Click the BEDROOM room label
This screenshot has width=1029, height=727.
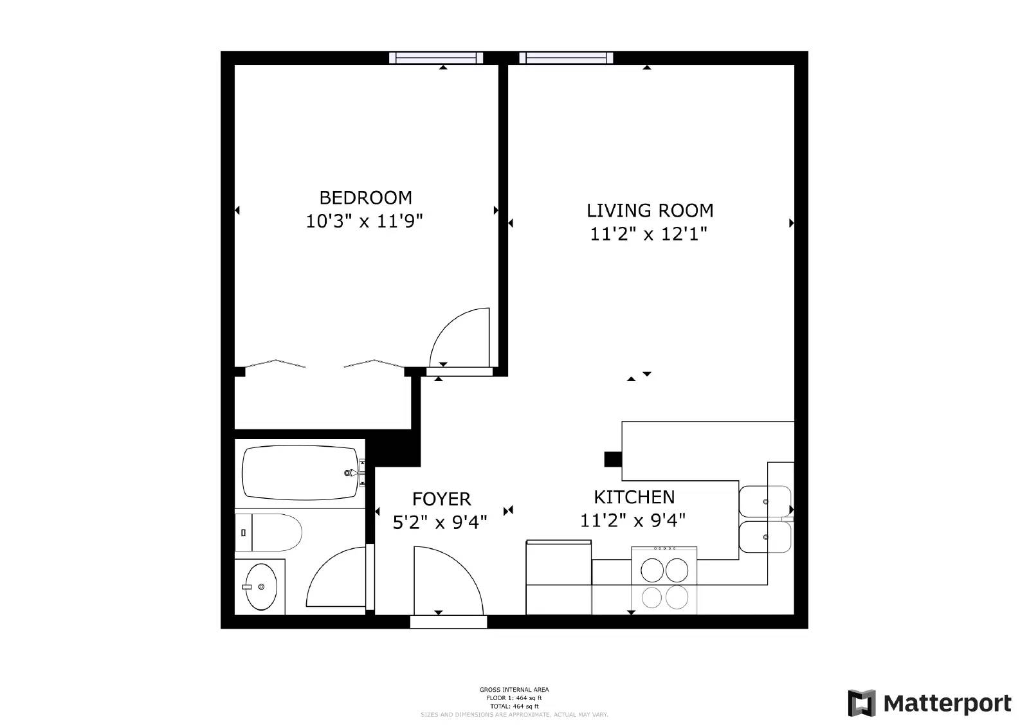click(365, 197)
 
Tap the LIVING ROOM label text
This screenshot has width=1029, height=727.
click(650, 210)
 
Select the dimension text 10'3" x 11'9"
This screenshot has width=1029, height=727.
click(364, 222)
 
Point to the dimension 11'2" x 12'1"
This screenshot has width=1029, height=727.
click(648, 235)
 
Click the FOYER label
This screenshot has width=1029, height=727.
click(441, 499)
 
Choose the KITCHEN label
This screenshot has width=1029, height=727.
click(633, 497)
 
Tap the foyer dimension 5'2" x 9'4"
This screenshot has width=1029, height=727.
click(440, 522)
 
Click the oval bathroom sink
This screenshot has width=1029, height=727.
click(260, 587)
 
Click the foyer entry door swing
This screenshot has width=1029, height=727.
click(448, 579)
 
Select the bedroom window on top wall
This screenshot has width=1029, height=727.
click(436, 58)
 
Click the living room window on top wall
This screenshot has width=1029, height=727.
click(566, 58)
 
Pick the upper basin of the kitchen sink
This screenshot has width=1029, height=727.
click(765, 501)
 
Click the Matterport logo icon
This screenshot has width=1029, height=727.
click(861, 703)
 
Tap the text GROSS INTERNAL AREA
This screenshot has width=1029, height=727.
click(514, 690)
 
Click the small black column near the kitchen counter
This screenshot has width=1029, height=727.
click(612, 459)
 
